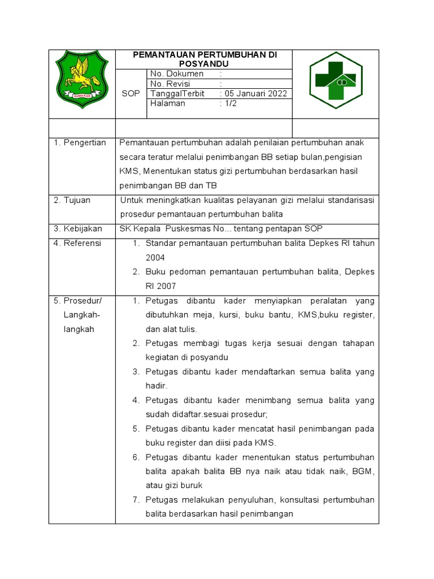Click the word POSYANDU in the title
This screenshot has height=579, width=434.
(204, 64)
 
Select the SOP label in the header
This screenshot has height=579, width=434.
(131, 94)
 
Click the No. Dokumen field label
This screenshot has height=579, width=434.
(177, 74)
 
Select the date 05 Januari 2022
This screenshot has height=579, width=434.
(256, 94)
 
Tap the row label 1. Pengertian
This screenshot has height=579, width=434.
(80, 142)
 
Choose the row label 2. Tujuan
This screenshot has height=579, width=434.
(72, 200)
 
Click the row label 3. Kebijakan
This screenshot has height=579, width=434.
(78, 228)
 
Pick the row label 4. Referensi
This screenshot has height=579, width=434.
(78, 243)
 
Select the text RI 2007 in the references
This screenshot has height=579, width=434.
(161, 286)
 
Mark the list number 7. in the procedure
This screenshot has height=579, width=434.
(136, 500)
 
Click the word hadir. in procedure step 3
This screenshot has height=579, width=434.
(157, 386)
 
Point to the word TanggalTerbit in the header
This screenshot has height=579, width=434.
(177, 94)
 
